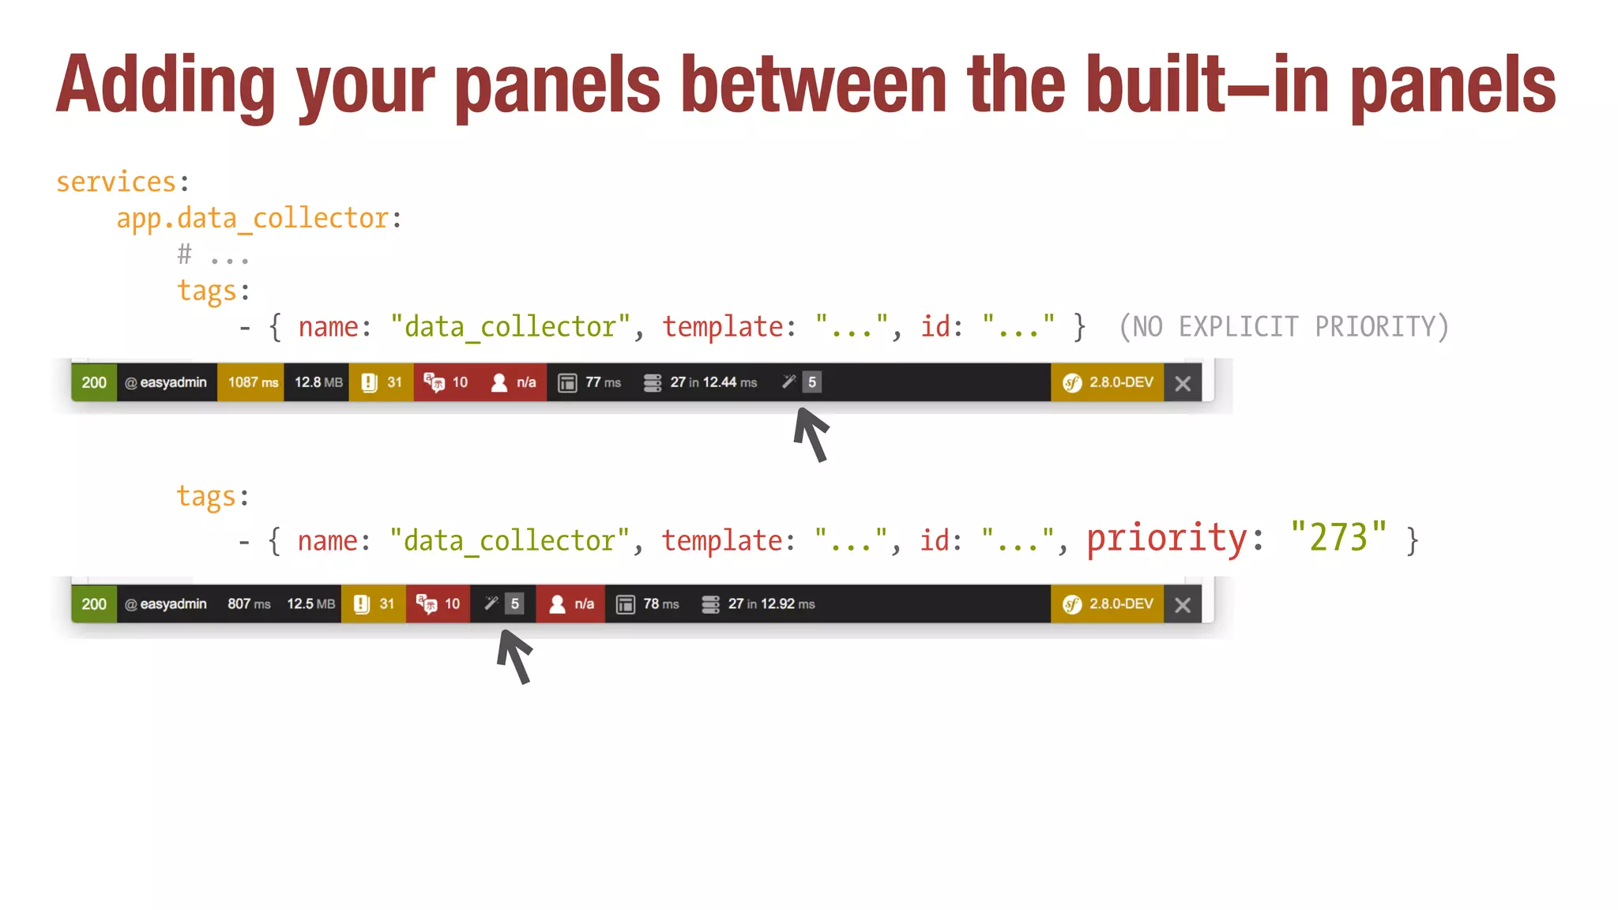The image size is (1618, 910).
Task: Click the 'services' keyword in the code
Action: [x=115, y=182]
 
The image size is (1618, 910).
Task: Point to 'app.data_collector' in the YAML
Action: [x=253, y=219]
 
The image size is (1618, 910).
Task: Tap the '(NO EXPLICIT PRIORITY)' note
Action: [x=1284, y=327]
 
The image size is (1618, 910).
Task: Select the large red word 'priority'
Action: [x=1167, y=540]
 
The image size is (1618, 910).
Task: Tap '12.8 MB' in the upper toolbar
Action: [x=318, y=382]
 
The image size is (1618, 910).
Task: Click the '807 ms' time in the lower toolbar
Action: [x=249, y=604]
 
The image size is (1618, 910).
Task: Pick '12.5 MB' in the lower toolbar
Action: [x=310, y=604]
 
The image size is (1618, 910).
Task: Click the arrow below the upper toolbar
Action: [x=811, y=434]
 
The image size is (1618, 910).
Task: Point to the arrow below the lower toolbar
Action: [x=514, y=656]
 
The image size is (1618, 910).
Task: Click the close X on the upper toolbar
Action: [x=1183, y=384]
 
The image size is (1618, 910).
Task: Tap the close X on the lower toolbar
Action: [x=1183, y=605]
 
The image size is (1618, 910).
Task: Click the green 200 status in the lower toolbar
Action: [x=94, y=604]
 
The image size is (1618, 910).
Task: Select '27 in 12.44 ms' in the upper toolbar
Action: [x=713, y=382]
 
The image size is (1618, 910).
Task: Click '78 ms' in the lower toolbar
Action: [x=660, y=604]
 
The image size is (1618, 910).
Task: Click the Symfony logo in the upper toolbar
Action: [x=1072, y=383]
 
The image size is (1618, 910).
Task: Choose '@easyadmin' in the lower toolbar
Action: [x=166, y=604]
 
